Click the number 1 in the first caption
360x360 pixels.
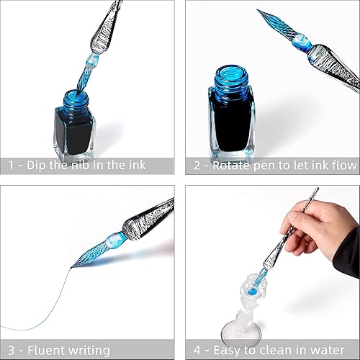click(x=11, y=166)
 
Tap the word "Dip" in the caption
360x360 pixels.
click(x=39, y=166)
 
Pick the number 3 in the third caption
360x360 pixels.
click(x=11, y=348)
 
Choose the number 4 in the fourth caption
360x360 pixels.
click(x=196, y=348)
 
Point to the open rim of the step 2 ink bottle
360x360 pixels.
click(x=231, y=74)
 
